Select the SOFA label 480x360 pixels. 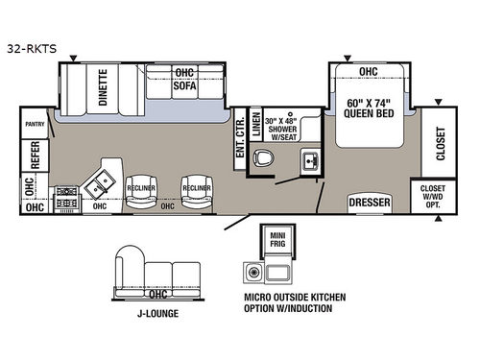183,85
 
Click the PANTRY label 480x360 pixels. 35,122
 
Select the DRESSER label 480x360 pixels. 370,204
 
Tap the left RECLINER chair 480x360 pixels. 142,188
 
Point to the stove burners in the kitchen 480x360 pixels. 67,197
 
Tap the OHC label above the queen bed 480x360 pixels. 369,71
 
